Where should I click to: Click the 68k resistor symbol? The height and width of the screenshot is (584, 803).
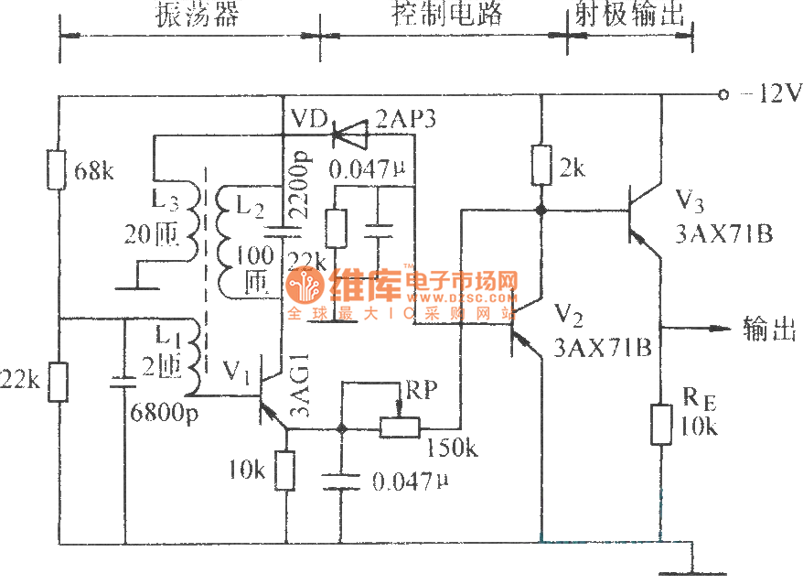coord(59,170)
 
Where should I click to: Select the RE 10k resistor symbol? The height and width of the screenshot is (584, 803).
coord(660,424)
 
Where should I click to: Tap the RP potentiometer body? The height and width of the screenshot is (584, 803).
coord(399,427)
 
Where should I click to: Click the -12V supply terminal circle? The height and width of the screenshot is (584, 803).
coord(723,93)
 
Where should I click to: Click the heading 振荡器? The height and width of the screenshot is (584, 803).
coord(190,15)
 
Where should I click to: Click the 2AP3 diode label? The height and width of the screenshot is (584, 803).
coord(406,119)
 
